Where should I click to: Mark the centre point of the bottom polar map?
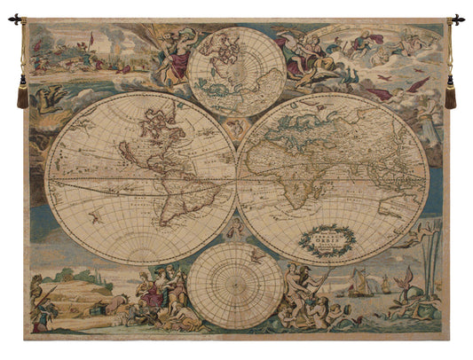point(235,286)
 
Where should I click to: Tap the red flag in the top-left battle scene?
point(90,39)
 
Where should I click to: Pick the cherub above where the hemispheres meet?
point(235,129)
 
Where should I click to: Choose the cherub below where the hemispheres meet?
point(235,231)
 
